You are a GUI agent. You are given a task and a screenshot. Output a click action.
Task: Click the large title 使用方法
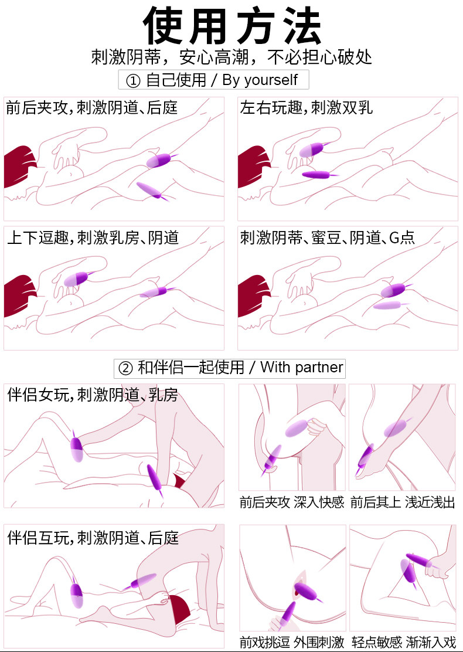pos(231,26)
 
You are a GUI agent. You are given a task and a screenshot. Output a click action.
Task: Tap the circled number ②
pos(125,368)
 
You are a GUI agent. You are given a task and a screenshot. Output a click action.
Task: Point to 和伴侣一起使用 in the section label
pos(190,368)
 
